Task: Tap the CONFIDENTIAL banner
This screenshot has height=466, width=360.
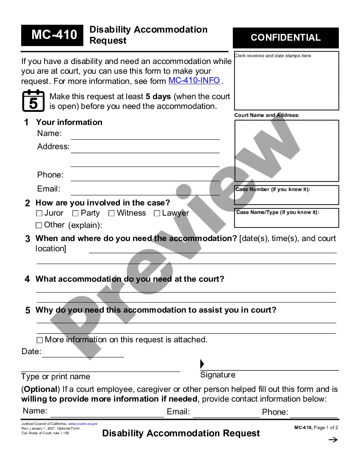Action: [x=286, y=38]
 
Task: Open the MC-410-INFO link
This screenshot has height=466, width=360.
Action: [x=194, y=80]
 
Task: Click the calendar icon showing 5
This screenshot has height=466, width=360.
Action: [x=33, y=101]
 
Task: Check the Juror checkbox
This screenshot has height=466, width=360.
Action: [x=39, y=214]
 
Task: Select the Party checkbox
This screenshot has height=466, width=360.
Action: [x=75, y=214]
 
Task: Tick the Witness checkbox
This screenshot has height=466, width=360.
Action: [x=111, y=214]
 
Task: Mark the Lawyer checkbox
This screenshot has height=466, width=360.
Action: [x=157, y=214]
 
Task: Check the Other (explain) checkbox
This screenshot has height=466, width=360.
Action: [x=39, y=225]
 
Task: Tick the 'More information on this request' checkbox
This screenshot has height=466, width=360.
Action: [x=40, y=340]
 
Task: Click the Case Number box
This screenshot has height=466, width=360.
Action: [x=286, y=195]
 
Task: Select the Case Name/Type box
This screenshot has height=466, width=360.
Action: [x=286, y=218]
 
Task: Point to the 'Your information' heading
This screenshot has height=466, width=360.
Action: [x=69, y=122]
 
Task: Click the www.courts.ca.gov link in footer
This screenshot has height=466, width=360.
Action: [x=83, y=424]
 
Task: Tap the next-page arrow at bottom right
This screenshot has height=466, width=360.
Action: [x=333, y=440]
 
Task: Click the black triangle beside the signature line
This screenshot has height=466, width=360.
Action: [x=202, y=364]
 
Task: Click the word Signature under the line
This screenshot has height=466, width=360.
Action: [x=218, y=375]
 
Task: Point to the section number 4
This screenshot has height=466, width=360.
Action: [x=27, y=279]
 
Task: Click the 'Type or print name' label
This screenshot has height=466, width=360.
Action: [x=55, y=377]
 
